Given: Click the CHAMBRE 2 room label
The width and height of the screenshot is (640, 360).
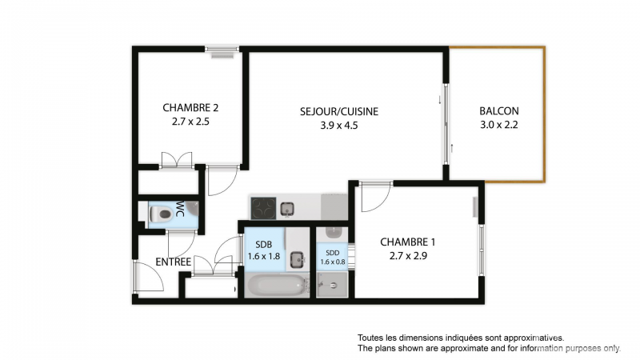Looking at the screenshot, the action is tap(190, 108).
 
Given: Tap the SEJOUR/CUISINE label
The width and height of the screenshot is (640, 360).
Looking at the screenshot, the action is tap(339, 111).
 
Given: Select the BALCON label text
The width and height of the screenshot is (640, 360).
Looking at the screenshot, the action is tap(498, 111).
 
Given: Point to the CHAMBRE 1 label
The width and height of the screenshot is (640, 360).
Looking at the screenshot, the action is tap(408, 242).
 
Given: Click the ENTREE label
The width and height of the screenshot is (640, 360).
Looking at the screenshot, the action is tap(173, 262).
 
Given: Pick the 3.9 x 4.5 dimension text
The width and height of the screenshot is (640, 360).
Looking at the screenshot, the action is tap(338, 126).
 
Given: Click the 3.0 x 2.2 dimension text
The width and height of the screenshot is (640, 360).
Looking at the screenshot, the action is tap(498, 125).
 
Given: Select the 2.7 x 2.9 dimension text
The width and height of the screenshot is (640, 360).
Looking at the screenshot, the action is tap(408, 256).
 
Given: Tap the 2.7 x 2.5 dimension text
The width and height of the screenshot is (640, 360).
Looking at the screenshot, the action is tap(190, 122).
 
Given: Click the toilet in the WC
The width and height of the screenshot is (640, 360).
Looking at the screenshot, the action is tap(161, 214).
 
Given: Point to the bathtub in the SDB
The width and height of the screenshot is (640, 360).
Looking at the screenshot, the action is tap(276, 285).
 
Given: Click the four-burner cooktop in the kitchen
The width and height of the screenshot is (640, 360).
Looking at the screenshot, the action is tap(263, 208).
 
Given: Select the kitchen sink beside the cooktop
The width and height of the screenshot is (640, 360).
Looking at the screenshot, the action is tap(288, 210).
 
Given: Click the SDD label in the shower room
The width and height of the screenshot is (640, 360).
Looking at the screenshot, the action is tap(332, 253).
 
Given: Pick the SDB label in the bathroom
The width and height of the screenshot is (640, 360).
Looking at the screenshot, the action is tap(264, 245).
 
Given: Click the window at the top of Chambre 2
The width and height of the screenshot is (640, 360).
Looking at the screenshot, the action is tap(222, 49).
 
